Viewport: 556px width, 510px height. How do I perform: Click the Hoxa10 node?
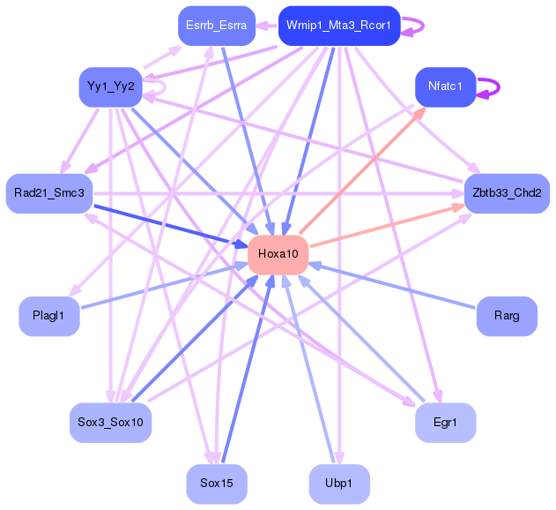click(278, 254)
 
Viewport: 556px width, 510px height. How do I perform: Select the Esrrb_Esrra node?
click(216, 26)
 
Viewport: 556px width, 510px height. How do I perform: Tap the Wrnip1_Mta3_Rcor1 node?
click(339, 26)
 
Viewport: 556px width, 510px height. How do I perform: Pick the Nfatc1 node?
click(445, 87)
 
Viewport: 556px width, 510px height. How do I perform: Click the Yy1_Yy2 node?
click(110, 87)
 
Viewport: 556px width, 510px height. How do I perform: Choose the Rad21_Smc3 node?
click(49, 193)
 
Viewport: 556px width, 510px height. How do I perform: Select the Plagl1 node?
click(49, 316)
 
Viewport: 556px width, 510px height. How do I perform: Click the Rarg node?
click(506, 316)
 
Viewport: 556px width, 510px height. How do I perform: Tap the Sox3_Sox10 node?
click(110, 422)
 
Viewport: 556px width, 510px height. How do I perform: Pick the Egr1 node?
click(445, 422)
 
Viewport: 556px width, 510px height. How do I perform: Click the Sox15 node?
click(216, 483)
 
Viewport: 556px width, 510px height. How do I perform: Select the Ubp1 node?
click(339, 483)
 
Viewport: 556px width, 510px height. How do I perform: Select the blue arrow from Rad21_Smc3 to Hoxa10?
click(167, 223)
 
